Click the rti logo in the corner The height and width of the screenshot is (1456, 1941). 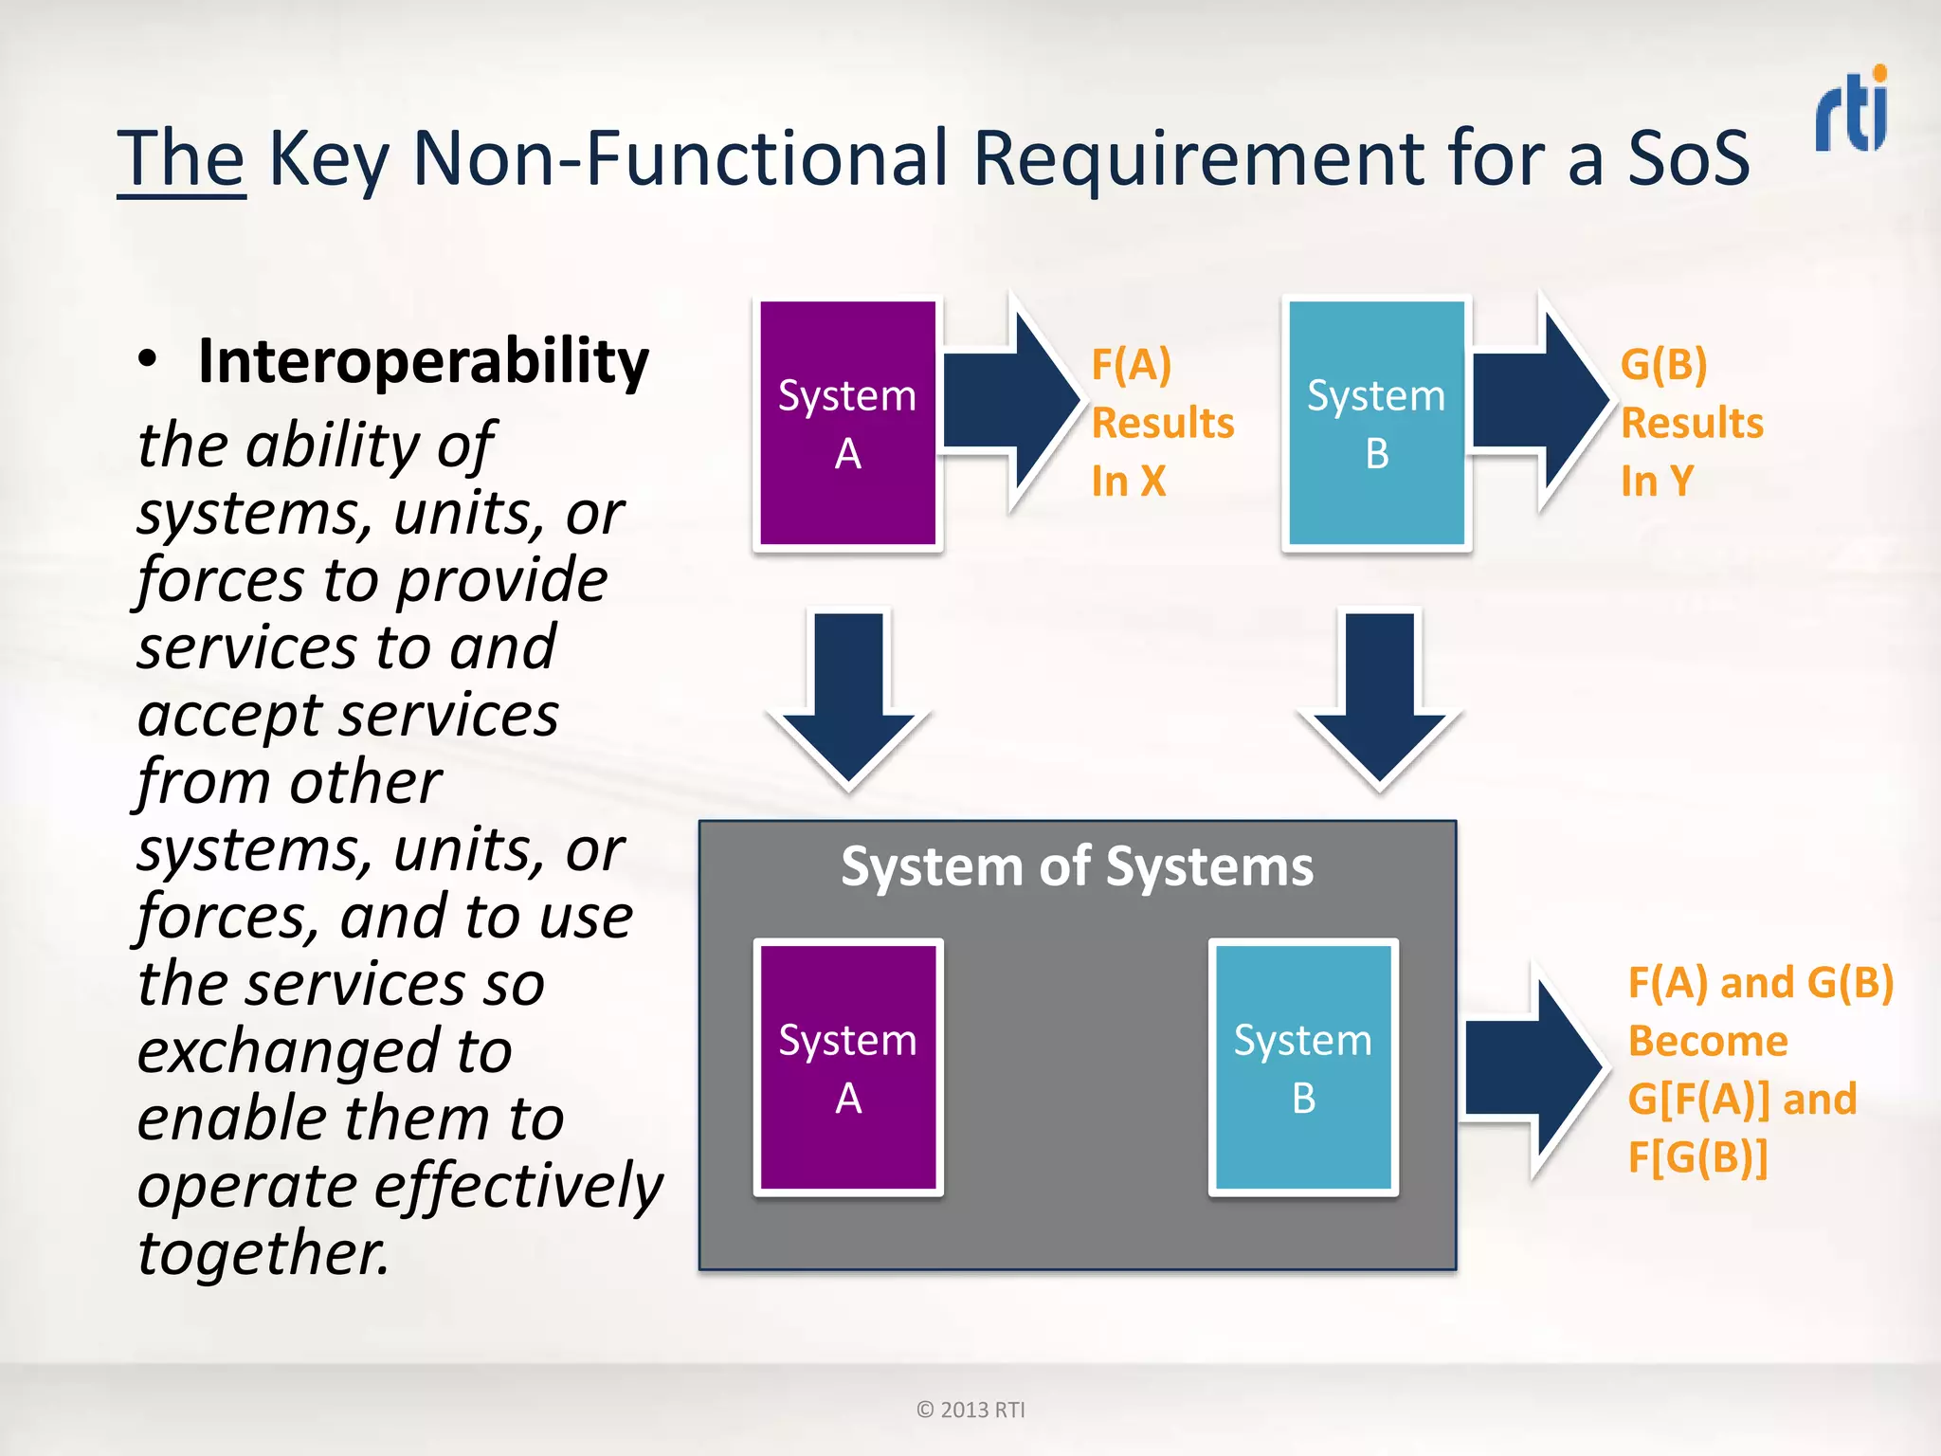(1852, 109)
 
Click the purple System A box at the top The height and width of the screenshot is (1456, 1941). (847, 423)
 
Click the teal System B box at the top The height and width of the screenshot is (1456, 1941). (1376, 423)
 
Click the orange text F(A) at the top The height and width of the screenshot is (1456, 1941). (1131, 365)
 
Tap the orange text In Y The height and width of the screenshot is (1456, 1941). (1656, 482)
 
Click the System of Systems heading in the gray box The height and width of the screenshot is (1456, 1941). (1077, 866)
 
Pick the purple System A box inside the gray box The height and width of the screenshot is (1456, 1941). (847, 1067)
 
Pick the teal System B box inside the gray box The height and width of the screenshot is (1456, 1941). (1303, 1067)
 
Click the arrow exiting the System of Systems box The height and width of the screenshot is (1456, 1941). (1531, 1069)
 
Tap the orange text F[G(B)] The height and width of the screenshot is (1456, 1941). (1697, 1157)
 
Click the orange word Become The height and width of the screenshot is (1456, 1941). (1708, 1042)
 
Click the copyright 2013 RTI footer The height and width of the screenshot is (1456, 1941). (970, 1410)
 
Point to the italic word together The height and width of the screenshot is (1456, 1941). (263, 1253)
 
